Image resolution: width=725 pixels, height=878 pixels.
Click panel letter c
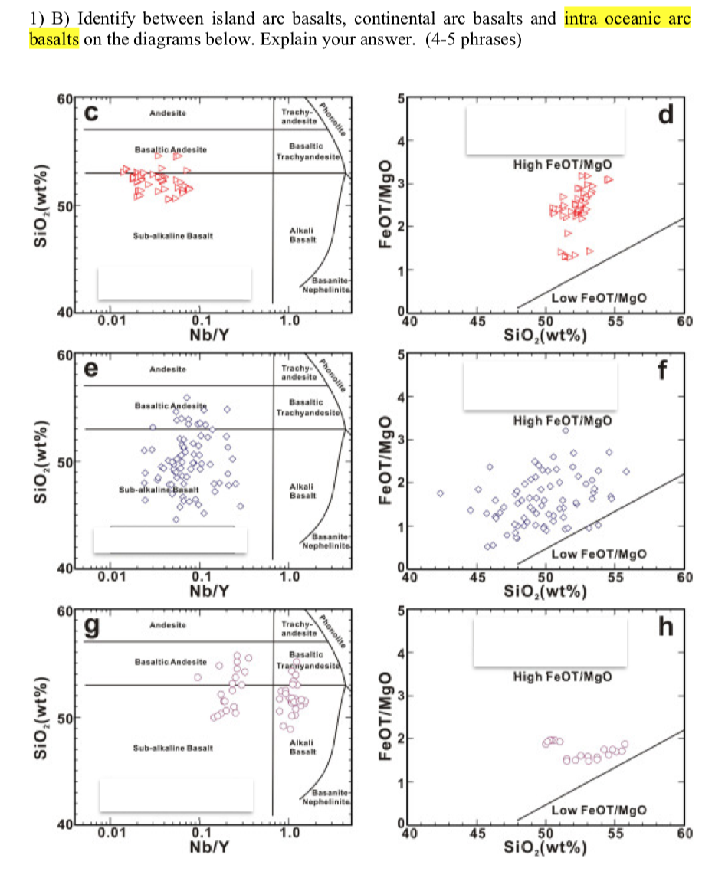coord(92,113)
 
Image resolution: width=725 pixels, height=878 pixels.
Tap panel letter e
coord(92,369)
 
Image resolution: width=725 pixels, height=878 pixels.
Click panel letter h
coord(666,627)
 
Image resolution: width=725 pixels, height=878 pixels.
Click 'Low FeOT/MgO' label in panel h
coord(599,811)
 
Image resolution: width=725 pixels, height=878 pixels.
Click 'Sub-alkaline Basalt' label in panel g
coord(172,746)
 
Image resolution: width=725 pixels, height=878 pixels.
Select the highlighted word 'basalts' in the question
coord(54,39)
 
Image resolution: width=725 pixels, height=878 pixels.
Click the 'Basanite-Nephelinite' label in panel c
coord(328,286)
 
